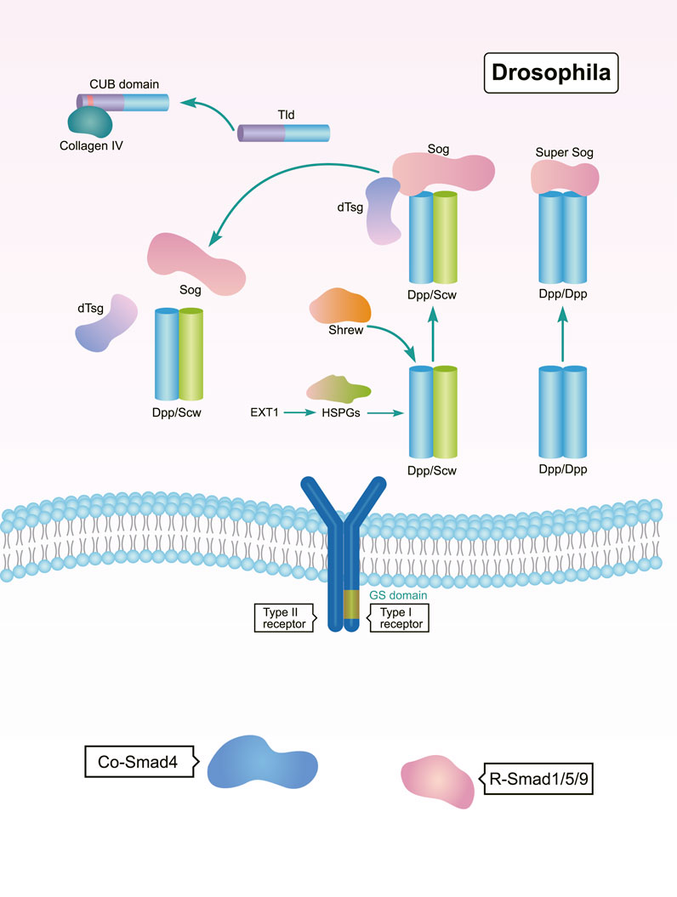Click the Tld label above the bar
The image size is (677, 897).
pos(284,113)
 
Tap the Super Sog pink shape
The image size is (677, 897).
pos(564,176)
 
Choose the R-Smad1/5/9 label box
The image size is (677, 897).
pos(538,778)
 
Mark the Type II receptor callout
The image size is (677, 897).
pos(283,617)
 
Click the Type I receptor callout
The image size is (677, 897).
pos(398,617)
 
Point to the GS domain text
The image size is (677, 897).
pos(396,595)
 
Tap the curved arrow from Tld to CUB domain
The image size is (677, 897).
pos(208,111)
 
